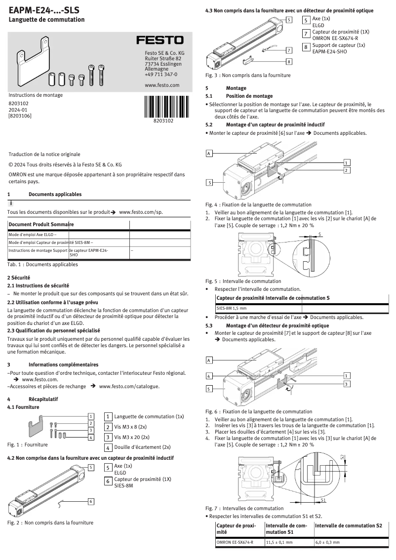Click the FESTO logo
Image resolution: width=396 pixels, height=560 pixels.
[159, 40]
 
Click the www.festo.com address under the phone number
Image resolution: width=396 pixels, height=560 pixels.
[161, 85]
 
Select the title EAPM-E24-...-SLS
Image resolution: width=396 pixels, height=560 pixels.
[44, 10]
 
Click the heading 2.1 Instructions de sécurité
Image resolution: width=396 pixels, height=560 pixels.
[38, 285]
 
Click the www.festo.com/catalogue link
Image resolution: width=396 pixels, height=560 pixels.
[129, 386]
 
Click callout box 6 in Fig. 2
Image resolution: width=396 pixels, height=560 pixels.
[91, 501]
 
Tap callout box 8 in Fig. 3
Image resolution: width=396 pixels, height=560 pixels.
[289, 61]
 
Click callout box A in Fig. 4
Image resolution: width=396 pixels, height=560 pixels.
[209, 154]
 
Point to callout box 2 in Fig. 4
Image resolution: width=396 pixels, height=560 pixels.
[347, 170]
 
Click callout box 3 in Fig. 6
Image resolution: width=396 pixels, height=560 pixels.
[347, 384]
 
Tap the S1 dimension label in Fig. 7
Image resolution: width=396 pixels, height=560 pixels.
[323, 500]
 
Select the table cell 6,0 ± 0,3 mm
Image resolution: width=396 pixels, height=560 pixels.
[327, 542]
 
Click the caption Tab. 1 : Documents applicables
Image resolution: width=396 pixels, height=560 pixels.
[42, 264]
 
